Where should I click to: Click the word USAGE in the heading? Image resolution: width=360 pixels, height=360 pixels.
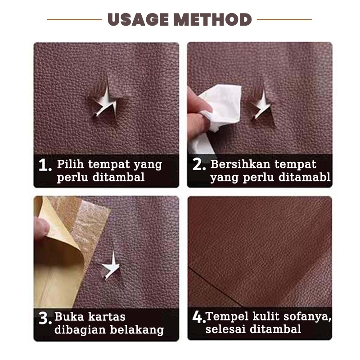[138, 19]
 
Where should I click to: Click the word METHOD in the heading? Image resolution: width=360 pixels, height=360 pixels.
[212, 19]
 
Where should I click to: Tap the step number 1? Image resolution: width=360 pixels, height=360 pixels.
[45, 165]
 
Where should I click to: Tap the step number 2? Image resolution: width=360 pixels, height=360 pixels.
[199, 164]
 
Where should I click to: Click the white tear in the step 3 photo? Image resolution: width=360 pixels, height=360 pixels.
[112, 266]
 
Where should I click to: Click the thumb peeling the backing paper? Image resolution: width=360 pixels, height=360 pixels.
[41, 227]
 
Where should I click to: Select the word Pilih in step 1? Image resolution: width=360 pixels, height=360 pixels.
[71, 165]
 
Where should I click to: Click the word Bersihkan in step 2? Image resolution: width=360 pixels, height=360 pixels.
[240, 164]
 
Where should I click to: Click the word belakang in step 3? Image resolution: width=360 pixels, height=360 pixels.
[137, 330]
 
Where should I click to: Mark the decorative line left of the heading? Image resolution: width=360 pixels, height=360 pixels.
[74, 19]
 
